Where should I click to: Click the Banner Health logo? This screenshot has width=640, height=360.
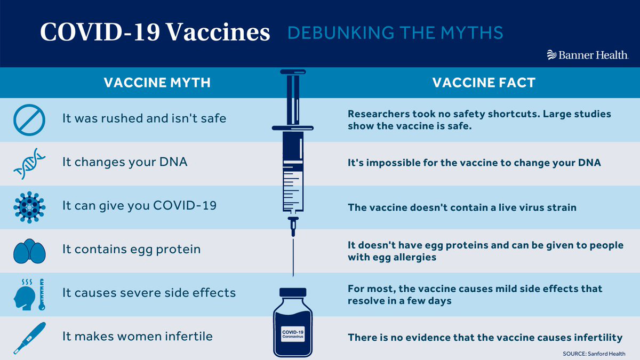(588, 54)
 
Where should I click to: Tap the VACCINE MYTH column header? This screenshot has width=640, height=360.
(157, 83)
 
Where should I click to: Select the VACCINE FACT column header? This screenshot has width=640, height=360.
(484, 83)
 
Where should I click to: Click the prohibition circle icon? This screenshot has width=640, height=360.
(29, 119)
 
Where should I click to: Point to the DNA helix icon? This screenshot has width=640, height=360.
(29, 163)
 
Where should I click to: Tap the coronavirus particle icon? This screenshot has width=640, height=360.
(29, 207)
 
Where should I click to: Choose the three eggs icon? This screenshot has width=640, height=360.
(29, 251)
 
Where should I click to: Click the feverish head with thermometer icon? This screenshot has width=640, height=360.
(29, 294)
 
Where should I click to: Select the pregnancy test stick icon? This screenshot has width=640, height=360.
(29, 338)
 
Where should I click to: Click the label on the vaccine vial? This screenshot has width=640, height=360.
(293, 334)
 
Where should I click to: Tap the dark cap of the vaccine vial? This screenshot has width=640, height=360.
(293, 292)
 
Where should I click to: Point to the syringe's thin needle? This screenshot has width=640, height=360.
(293, 258)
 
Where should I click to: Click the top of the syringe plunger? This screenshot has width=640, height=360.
(293, 71)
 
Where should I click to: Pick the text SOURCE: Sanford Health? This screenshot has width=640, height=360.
(594, 354)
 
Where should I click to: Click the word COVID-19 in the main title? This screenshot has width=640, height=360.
(100, 32)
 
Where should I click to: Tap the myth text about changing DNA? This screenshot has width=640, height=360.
(125, 162)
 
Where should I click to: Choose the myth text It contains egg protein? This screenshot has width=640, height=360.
(131, 250)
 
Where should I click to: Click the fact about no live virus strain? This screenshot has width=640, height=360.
(462, 207)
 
